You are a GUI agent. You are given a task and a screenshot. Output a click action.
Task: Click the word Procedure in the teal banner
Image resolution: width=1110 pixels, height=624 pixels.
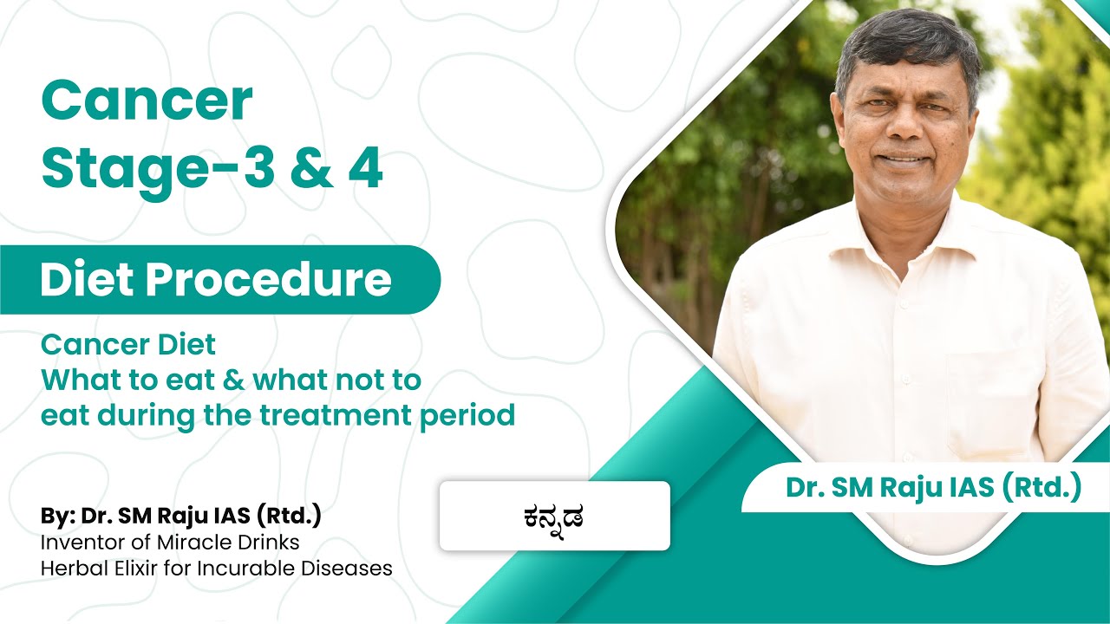tap(281, 280)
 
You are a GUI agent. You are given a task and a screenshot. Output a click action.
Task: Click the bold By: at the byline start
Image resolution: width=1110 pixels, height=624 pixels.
tap(57, 517)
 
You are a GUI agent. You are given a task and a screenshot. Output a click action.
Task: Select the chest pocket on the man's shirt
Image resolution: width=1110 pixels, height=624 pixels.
tap(989, 390)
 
